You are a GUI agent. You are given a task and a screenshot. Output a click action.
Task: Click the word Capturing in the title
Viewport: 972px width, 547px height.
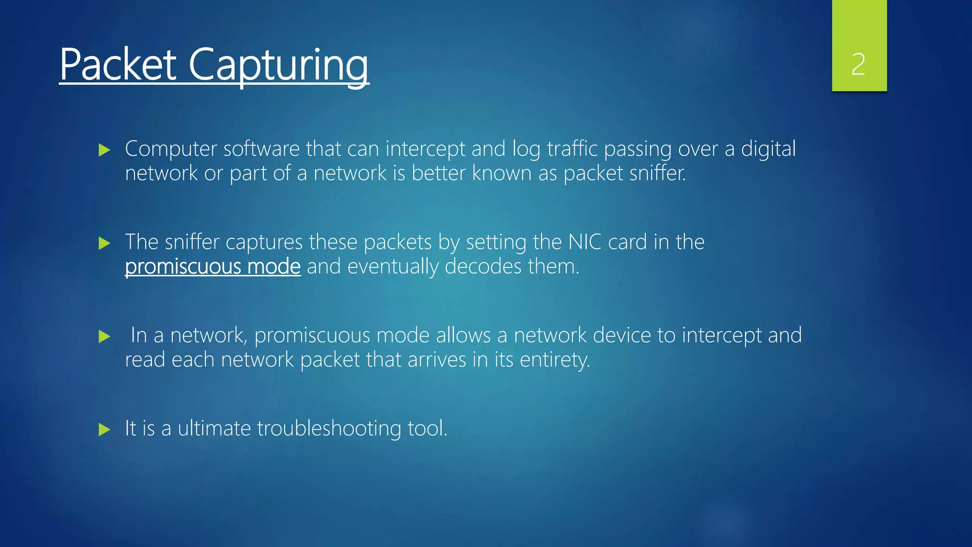coord(279,66)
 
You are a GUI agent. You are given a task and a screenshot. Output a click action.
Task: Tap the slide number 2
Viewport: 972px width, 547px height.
coord(858,65)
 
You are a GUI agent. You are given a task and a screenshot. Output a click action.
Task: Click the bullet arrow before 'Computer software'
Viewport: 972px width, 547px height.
coord(104,151)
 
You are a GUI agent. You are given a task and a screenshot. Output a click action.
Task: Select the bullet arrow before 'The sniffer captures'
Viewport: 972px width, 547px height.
coord(104,244)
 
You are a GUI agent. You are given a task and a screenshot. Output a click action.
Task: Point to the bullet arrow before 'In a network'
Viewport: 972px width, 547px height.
coord(104,337)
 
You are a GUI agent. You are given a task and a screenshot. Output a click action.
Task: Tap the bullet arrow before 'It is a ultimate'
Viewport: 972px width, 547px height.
coord(104,430)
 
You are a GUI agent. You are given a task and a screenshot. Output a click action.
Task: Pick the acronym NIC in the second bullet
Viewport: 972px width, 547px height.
coord(585,242)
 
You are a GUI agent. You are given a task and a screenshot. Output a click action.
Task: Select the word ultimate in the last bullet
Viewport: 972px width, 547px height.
coord(214,429)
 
